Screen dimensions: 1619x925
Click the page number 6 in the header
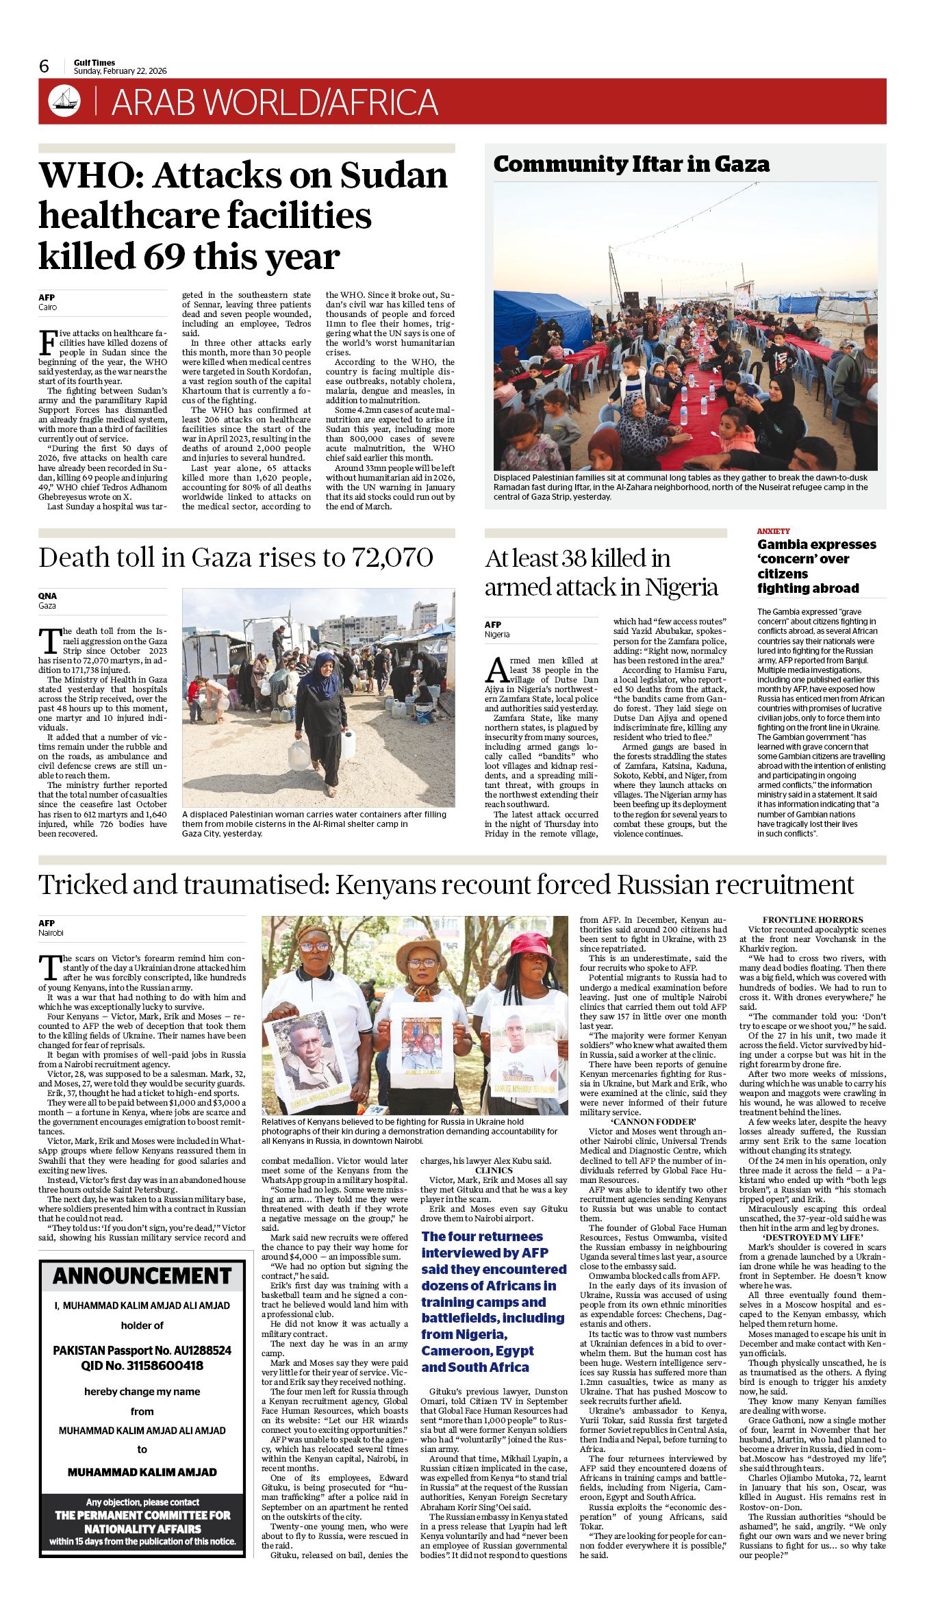(45, 66)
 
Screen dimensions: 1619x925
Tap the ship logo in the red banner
(64, 101)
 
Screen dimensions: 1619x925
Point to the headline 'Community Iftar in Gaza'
(631, 164)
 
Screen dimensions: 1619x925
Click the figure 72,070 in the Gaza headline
(392, 558)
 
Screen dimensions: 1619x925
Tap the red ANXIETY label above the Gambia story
(773, 531)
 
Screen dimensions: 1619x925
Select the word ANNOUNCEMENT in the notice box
(142, 1276)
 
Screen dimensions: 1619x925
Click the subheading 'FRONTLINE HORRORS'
(813, 920)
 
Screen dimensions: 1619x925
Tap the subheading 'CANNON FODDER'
(653, 1122)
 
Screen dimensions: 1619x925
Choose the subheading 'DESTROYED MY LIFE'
(813, 1237)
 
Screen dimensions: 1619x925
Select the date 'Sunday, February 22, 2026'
(121, 71)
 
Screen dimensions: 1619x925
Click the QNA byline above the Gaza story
(47, 596)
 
